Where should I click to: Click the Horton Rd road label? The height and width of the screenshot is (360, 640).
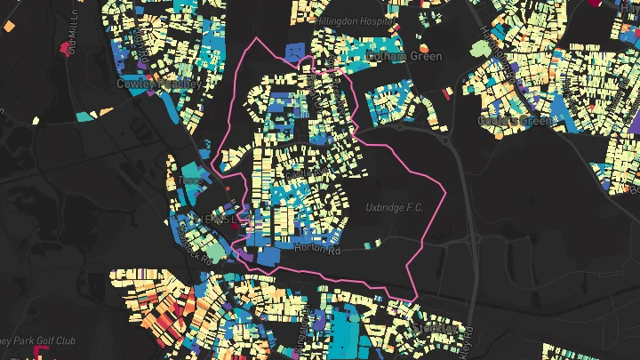pos(323,251)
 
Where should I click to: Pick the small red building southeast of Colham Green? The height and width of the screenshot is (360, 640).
pos(448,92)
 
